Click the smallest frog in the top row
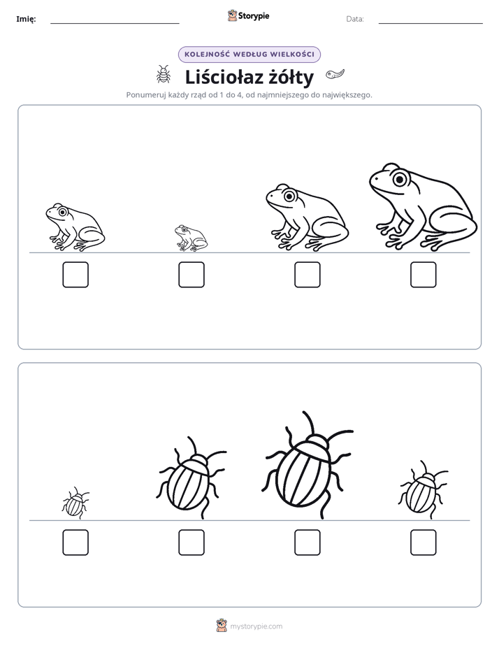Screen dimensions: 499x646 191,238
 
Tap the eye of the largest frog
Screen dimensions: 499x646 399,179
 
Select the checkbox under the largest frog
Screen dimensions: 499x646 424,275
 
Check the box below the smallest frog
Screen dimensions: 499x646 191,275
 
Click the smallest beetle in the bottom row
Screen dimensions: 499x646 75,503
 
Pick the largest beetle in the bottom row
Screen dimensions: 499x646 307,465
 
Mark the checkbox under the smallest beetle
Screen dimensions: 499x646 75,543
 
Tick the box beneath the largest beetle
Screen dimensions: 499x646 307,543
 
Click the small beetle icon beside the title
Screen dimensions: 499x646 164,75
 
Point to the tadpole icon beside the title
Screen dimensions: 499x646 335,74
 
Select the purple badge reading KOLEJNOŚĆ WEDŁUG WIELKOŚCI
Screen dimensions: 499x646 249,55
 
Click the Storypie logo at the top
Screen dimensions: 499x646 249,16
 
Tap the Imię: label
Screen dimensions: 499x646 26,19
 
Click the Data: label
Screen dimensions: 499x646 355,19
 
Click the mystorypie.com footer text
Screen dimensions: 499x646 256,626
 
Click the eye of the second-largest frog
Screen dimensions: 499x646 289,196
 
